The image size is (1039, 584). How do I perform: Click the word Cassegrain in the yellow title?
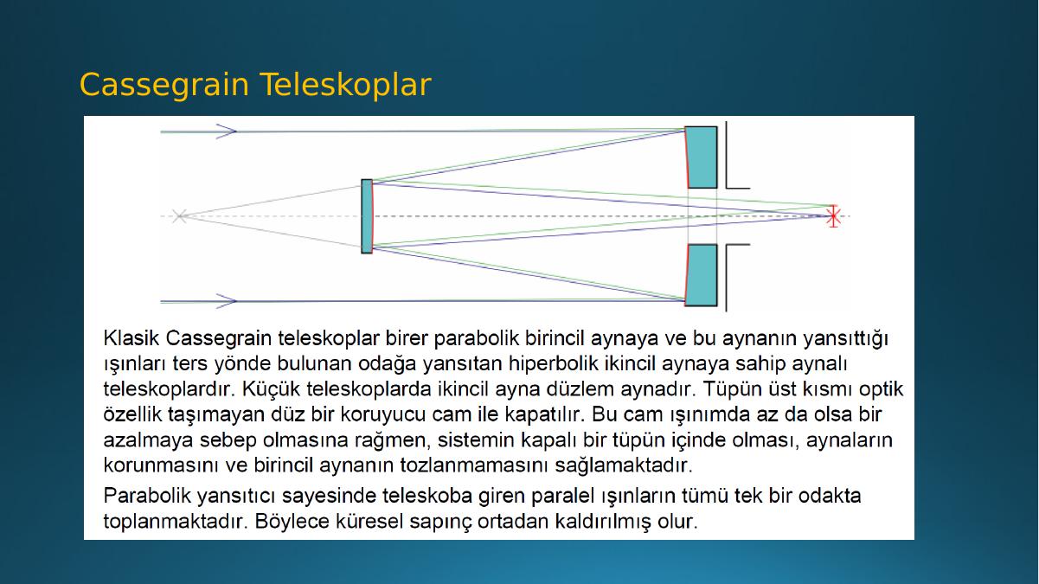tap(164, 86)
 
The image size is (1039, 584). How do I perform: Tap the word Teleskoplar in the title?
tap(345, 84)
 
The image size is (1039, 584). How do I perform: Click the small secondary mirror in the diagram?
tap(367, 216)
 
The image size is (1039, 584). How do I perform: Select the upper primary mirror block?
tap(701, 157)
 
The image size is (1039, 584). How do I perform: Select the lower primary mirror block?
tap(701, 275)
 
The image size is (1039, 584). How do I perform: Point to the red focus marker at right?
tap(833, 216)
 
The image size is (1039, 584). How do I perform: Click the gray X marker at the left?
tap(179, 216)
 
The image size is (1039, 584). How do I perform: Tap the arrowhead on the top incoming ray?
tap(227, 132)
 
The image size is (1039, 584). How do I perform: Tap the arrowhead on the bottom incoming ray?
tap(227, 301)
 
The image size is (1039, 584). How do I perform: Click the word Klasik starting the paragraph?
tap(131, 338)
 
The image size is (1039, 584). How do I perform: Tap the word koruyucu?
tap(382, 414)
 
